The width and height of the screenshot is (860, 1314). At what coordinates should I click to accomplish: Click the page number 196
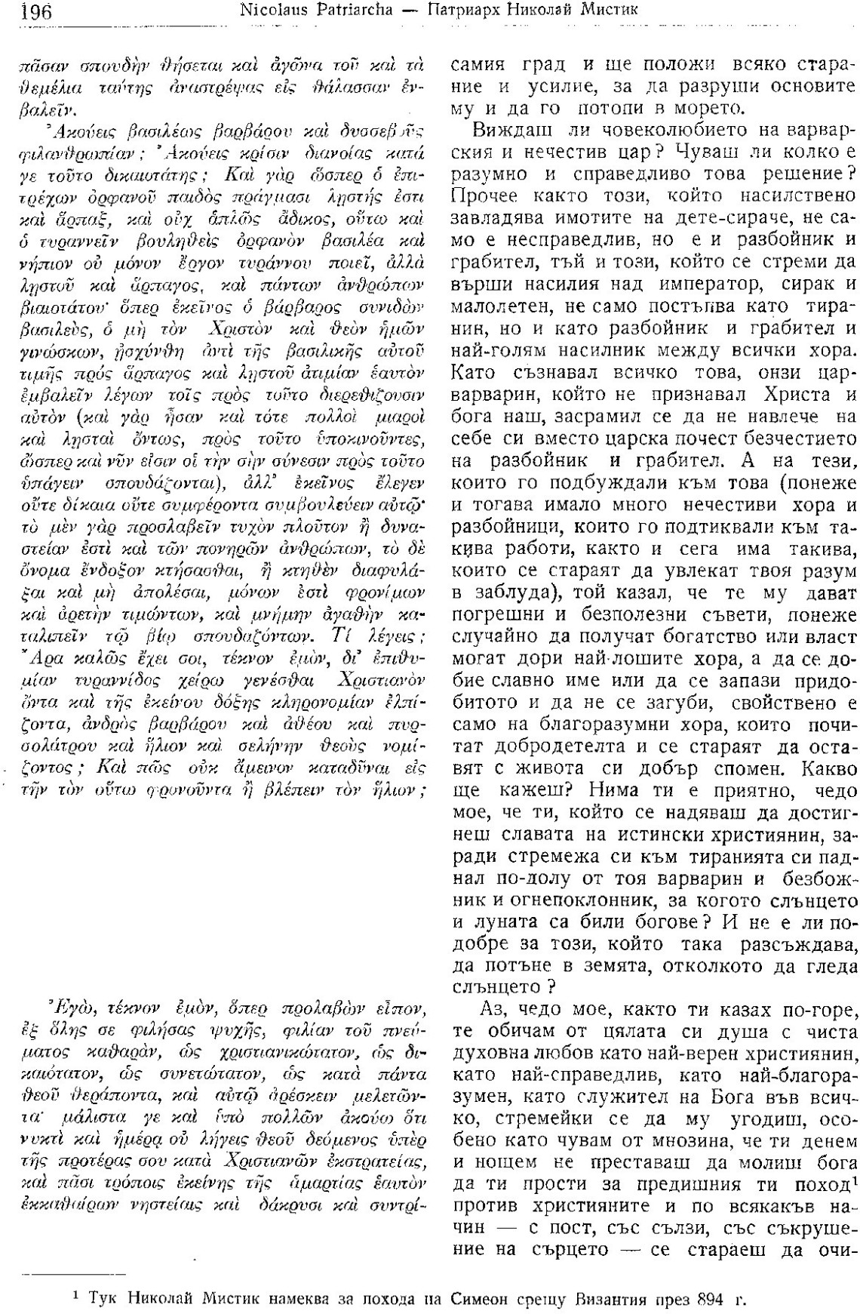coord(31,12)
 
